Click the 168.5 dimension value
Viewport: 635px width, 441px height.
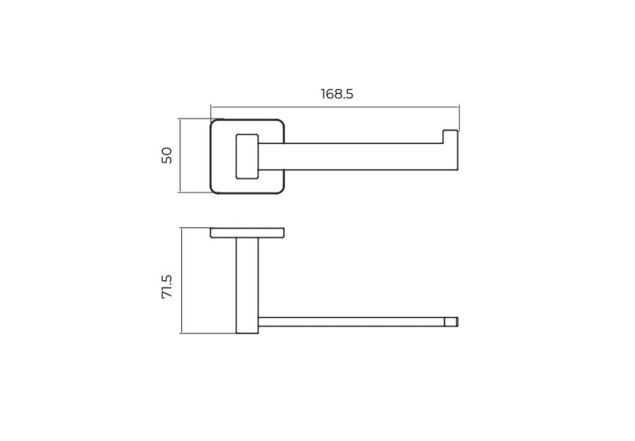[x=337, y=94]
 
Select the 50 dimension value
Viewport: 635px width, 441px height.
[x=167, y=156]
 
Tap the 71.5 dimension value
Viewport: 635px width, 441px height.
[x=167, y=287]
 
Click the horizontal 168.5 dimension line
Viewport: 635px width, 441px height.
[x=335, y=107]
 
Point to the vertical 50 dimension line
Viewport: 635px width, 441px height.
[x=179, y=156]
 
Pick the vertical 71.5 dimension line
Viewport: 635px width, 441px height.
[x=181, y=281]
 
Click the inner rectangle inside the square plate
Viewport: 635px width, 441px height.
[x=247, y=156]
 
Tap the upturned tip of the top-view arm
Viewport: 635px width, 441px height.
[x=450, y=137]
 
